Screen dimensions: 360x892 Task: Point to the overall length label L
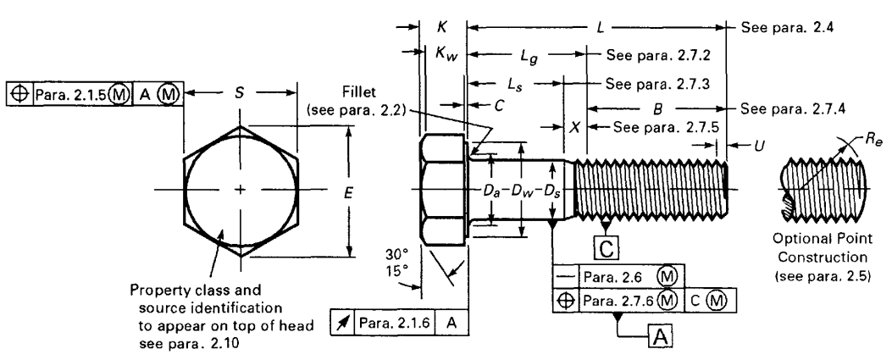[600, 28]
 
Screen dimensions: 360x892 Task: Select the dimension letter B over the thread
[657, 109]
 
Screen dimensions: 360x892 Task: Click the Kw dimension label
[443, 54]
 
